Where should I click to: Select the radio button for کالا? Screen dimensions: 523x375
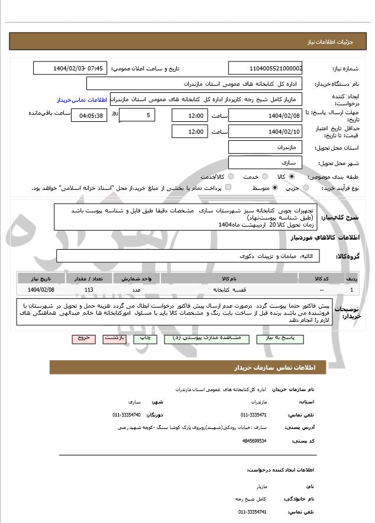(x=292, y=177)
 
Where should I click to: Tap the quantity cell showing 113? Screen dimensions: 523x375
(x=89, y=289)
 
